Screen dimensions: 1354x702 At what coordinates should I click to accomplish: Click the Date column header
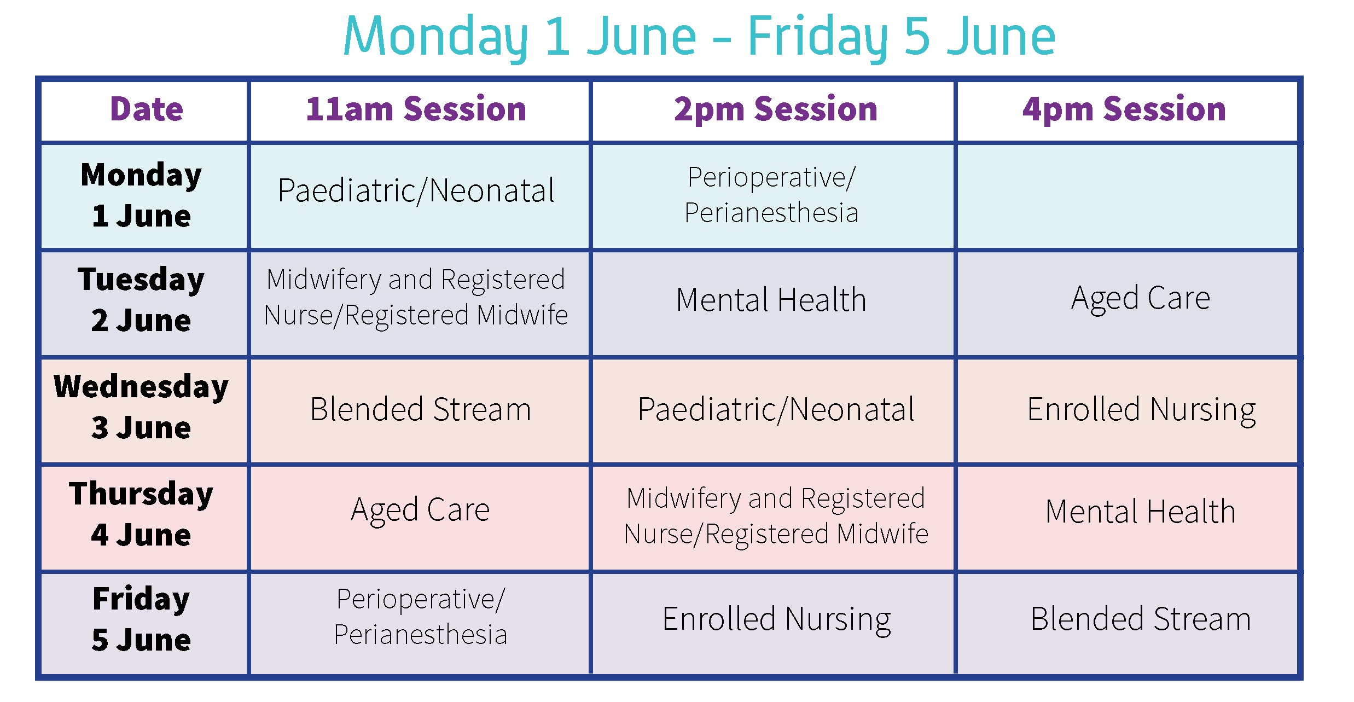147,109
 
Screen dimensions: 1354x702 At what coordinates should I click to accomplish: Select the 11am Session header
416,109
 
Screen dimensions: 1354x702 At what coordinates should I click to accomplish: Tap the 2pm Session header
776,110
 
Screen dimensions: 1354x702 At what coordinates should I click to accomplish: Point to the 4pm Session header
1124,110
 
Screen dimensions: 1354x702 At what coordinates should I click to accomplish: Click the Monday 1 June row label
142,195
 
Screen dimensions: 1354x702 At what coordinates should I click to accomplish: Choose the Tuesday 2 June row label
141,299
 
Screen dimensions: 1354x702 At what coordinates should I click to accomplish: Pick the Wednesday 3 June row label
141,407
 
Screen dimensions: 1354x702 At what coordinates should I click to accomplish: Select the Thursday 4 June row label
141,514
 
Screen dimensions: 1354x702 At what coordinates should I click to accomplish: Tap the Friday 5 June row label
141,619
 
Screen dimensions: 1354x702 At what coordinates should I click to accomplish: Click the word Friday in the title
817,37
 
